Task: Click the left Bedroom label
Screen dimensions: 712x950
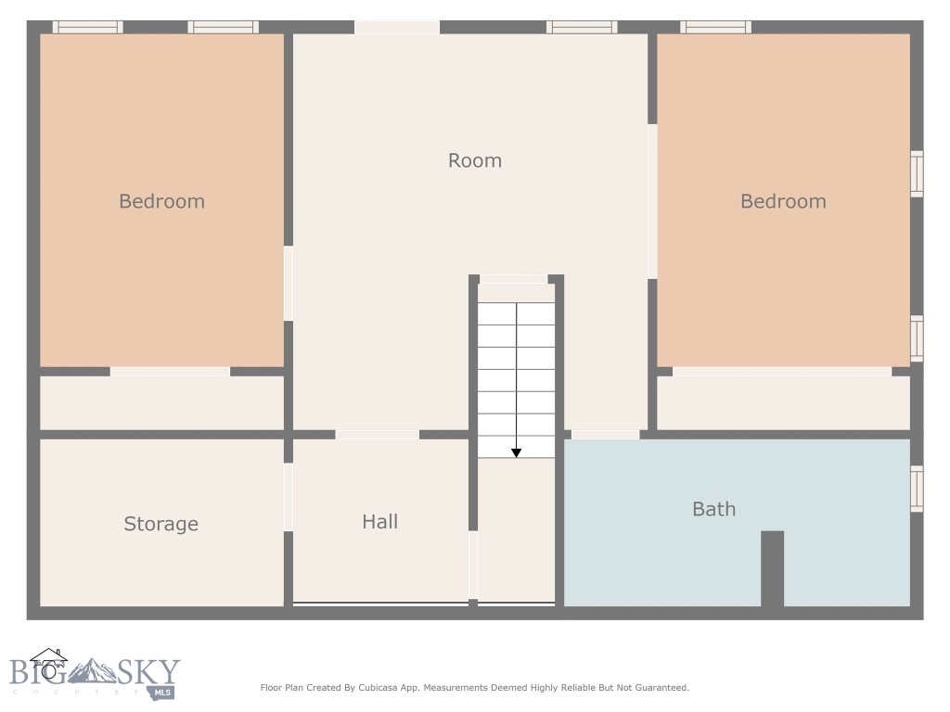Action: [161, 201]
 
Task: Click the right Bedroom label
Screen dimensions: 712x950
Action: [783, 201]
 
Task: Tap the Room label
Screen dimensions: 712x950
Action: [475, 160]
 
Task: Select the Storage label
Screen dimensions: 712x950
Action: [161, 524]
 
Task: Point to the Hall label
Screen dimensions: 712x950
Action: [380, 522]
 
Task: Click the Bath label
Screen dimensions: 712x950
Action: [714, 509]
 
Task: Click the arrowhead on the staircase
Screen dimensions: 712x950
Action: [517, 452]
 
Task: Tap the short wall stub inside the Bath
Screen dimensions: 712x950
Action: [773, 568]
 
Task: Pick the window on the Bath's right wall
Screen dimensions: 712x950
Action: [917, 489]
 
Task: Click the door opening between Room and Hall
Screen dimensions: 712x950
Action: [377, 434]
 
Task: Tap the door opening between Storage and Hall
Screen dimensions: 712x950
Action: [289, 497]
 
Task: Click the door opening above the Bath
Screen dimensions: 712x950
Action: [605, 434]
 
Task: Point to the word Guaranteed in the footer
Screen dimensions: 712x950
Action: [658, 688]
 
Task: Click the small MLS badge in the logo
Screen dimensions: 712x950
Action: [163, 692]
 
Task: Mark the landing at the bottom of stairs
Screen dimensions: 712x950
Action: [516, 528]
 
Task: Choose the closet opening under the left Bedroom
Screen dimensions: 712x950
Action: [170, 372]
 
